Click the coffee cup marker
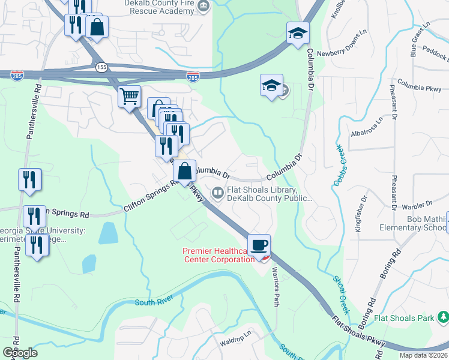[x=259, y=245]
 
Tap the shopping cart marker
[x=129, y=96]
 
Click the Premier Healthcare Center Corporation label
[x=218, y=255]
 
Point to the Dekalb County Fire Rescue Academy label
[x=159, y=7]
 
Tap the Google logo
[x=20, y=353]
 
